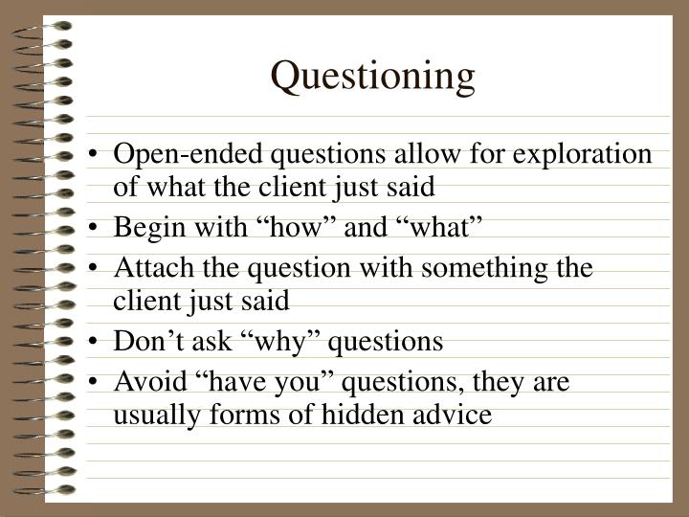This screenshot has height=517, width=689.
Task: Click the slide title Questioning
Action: click(x=372, y=78)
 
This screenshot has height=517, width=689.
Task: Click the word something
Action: click(x=494, y=269)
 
